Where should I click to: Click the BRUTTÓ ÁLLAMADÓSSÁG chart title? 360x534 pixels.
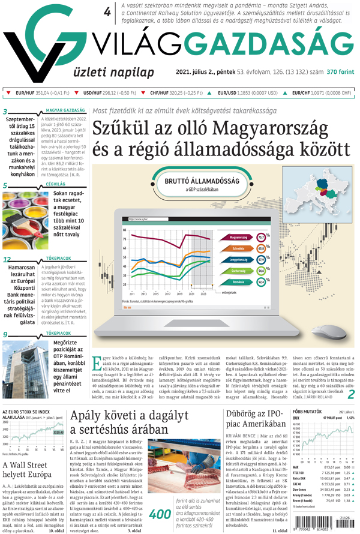pos(206,181)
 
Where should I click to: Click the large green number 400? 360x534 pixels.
pos(159,514)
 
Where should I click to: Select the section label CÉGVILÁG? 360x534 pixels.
pos(55,185)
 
